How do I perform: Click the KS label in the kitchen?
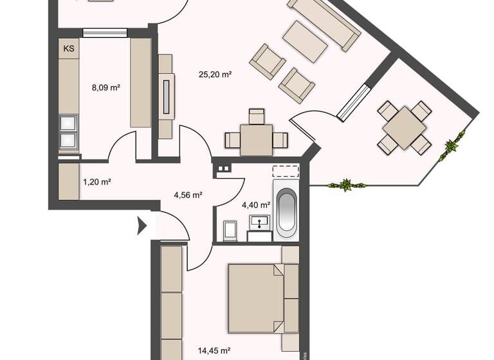[68, 48]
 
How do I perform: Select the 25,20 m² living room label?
[215, 75]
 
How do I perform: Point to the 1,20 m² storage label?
[96, 182]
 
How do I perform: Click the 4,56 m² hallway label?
[188, 194]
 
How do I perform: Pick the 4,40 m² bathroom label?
[255, 205]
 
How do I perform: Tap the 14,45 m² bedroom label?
[215, 351]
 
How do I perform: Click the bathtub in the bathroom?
[286, 210]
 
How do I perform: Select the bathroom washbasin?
[259, 223]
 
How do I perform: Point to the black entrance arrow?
[142, 226]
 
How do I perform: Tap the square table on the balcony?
[404, 128]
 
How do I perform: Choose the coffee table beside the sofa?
[305, 41]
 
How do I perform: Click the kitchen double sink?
[69, 132]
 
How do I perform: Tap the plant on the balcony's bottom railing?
[346, 186]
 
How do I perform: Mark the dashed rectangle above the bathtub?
[286, 171]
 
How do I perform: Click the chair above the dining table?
[256, 116]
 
